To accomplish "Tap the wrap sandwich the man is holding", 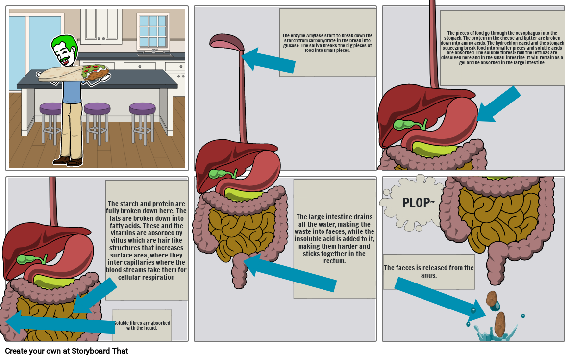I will pyautogui.click(x=74, y=73).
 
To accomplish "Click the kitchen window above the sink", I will pyautogui.click(x=153, y=31).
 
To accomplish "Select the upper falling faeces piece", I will pyautogui.click(x=492, y=298).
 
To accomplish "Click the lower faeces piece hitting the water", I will pyautogui.click(x=500, y=324).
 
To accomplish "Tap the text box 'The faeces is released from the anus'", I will pyautogui.click(x=428, y=271).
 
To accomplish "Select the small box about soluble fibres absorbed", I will pyautogui.click(x=142, y=325).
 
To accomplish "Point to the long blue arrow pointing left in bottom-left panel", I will pyautogui.click(x=59, y=323).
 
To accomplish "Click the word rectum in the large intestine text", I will pyautogui.click(x=334, y=261).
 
